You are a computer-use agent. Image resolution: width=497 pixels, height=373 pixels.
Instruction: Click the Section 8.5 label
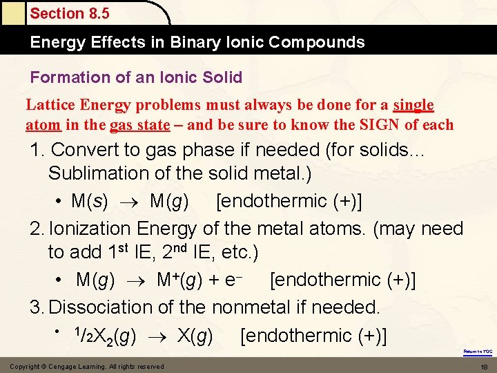pyautogui.click(x=69, y=13)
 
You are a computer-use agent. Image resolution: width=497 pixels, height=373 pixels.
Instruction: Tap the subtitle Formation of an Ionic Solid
pyautogui.click(x=136, y=77)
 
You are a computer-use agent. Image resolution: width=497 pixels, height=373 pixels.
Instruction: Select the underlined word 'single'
pyautogui.click(x=413, y=105)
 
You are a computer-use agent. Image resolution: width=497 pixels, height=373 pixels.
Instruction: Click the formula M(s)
pyautogui.click(x=89, y=201)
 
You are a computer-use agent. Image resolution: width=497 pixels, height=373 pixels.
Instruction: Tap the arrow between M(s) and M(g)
pyautogui.click(x=128, y=202)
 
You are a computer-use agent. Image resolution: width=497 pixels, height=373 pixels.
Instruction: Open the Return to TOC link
pyautogui.click(x=478, y=352)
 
